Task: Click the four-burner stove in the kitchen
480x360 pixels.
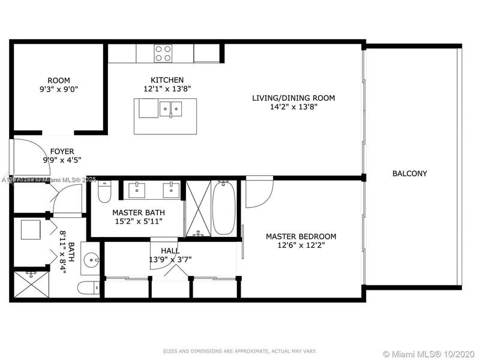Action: click(163, 53)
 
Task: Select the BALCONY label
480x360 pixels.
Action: click(409, 173)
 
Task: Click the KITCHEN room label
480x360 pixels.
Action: click(167, 80)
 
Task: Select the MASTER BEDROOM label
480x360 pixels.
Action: click(301, 236)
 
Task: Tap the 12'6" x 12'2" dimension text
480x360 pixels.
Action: click(301, 245)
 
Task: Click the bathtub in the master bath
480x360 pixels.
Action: click(223, 208)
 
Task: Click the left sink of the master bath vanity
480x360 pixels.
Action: click(137, 190)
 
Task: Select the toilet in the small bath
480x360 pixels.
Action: click(89, 288)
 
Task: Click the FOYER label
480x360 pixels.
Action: click(62, 151)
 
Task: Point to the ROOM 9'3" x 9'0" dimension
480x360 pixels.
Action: click(59, 89)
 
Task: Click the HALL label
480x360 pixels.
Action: click(169, 250)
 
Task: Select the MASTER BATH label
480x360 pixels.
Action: click(139, 212)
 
